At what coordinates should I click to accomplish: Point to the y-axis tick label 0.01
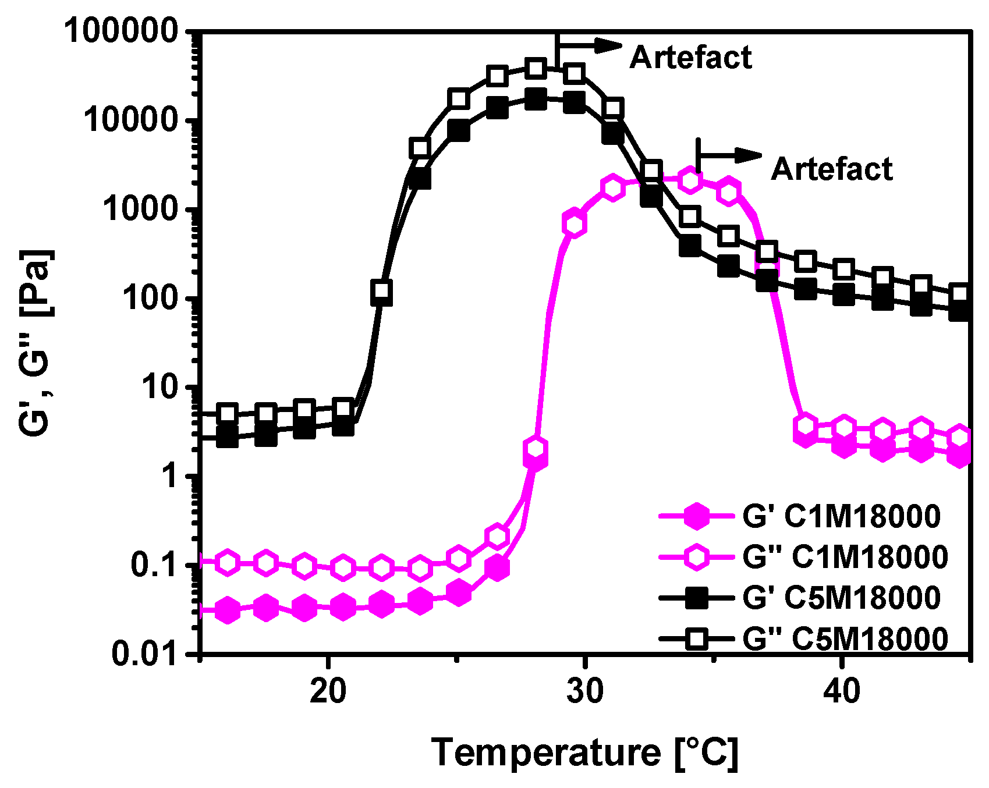click(x=144, y=654)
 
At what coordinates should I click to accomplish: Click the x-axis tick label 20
click(x=328, y=691)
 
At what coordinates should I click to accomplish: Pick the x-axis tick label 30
click(x=584, y=691)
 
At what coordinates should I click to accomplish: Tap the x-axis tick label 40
click(x=842, y=691)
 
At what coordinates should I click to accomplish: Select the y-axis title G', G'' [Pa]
click(x=36, y=343)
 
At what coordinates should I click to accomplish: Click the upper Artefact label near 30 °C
click(x=690, y=58)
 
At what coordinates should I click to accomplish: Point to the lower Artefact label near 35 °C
click(x=831, y=169)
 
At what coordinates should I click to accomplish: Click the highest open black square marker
click(x=536, y=69)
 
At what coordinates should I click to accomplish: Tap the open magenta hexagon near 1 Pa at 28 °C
click(x=536, y=448)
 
